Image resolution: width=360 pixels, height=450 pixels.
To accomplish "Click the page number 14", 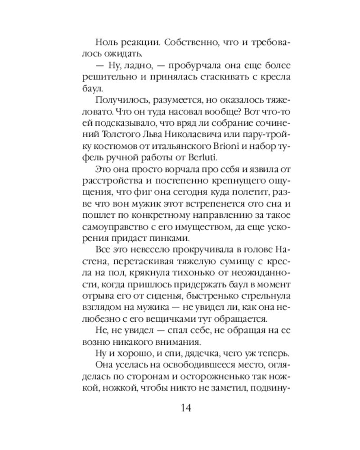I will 186,408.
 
